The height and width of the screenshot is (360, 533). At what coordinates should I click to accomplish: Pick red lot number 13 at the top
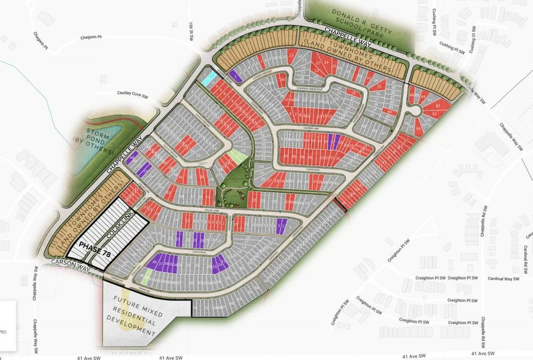pyautogui.click(x=291, y=55)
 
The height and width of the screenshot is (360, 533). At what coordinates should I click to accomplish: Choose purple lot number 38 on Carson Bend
pyautogui.click(x=155, y=263)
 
